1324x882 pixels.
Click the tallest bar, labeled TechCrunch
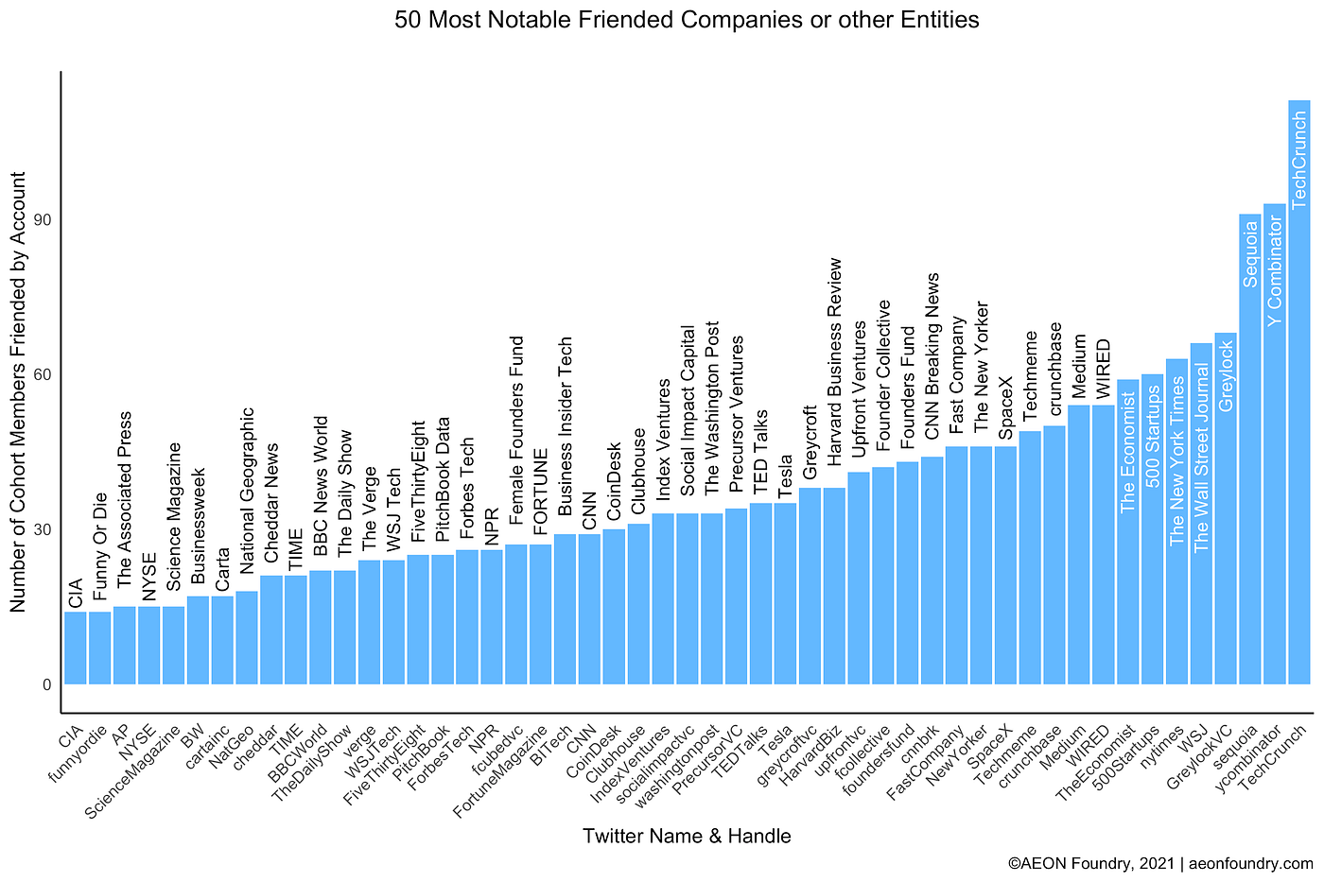(1298, 397)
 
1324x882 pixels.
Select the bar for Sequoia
(1249, 454)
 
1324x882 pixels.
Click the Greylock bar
(1226, 510)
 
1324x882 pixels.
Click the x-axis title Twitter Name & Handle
(687, 836)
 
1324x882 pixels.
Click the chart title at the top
(687, 19)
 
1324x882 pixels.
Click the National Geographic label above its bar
(247, 491)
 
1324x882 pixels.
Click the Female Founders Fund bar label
(516, 430)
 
